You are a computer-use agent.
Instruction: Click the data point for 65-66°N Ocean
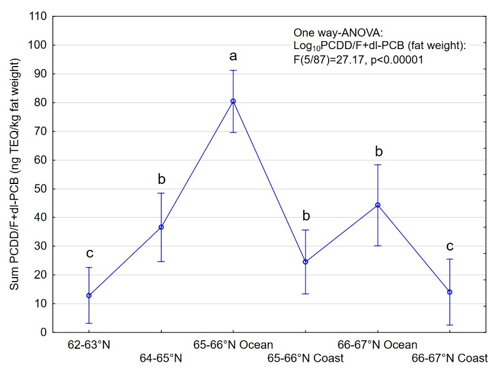(x=233, y=102)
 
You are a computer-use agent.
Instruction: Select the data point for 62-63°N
(x=89, y=295)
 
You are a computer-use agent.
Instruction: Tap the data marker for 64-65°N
(x=161, y=227)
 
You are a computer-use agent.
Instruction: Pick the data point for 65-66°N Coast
(x=305, y=262)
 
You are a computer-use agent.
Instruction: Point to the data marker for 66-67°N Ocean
(x=377, y=205)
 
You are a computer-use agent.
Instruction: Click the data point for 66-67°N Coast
(x=450, y=292)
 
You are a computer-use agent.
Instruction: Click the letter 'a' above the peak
(x=233, y=56)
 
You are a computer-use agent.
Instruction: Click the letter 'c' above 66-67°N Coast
(x=450, y=246)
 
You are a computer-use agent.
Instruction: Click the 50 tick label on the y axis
(x=40, y=188)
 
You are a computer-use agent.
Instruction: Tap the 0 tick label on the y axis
(x=43, y=332)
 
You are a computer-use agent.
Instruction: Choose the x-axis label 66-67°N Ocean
(x=377, y=345)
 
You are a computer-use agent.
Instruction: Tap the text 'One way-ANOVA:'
(x=330, y=33)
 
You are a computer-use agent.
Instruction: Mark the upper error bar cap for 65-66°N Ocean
(x=233, y=71)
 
